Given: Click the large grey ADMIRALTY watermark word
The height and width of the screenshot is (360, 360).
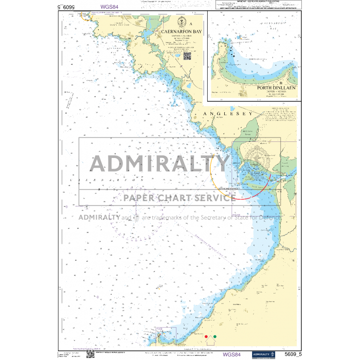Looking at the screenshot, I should [x=160, y=164].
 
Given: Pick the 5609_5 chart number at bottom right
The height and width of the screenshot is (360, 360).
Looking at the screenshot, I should [x=294, y=354].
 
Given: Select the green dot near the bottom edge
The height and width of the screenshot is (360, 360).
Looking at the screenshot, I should [x=215, y=337].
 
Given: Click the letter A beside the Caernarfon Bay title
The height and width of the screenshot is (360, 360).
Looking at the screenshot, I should [x=191, y=24].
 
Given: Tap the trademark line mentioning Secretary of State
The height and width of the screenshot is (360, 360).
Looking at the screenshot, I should [x=179, y=217].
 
